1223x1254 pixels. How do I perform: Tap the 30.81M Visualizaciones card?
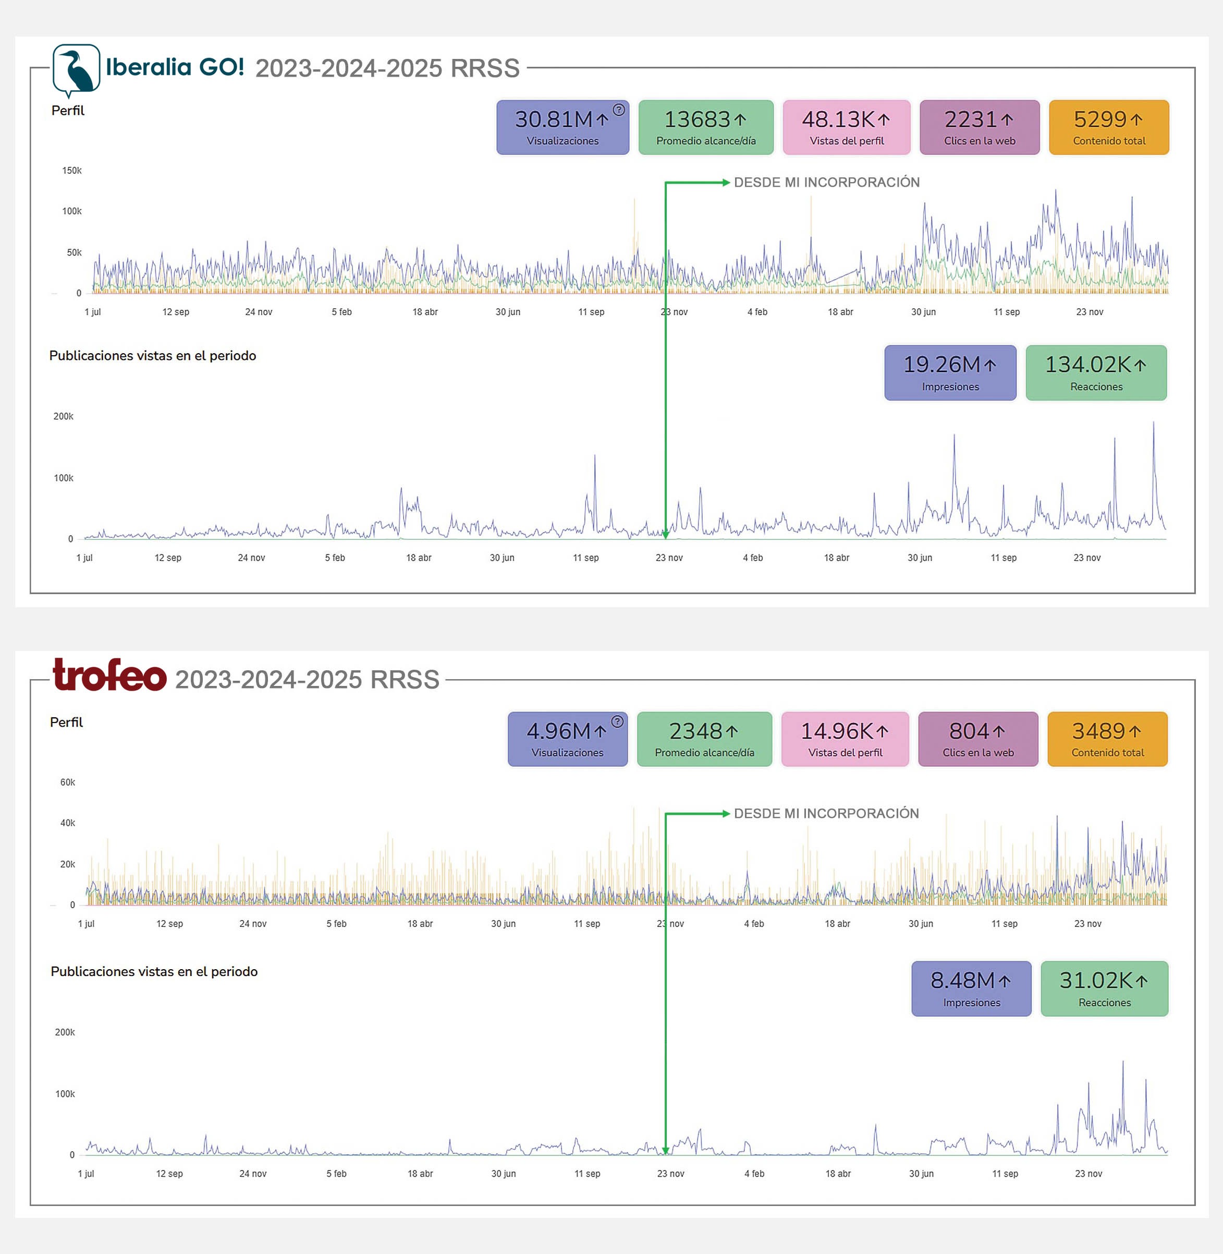[562, 127]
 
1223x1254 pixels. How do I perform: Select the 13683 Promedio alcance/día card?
[705, 127]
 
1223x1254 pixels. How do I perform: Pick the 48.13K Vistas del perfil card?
[846, 127]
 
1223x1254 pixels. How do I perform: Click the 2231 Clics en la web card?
[979, 127]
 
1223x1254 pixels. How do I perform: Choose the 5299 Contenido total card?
[1109, 127]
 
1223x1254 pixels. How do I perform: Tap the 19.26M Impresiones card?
[950, 373]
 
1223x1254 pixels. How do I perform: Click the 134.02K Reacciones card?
[1096, 373]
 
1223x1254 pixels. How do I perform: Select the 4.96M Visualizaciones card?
[567, 739]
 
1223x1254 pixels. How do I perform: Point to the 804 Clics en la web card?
[977, 739]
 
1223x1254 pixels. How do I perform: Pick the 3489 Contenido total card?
[1107, 739]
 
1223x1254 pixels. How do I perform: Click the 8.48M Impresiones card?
[971, 988]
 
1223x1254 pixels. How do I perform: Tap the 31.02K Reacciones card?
[1104, 988]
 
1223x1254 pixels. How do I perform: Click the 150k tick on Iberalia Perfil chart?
[71, 171]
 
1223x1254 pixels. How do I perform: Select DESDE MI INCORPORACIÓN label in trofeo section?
[826, 813]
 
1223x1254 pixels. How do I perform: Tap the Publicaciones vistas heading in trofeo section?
[154, 971]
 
